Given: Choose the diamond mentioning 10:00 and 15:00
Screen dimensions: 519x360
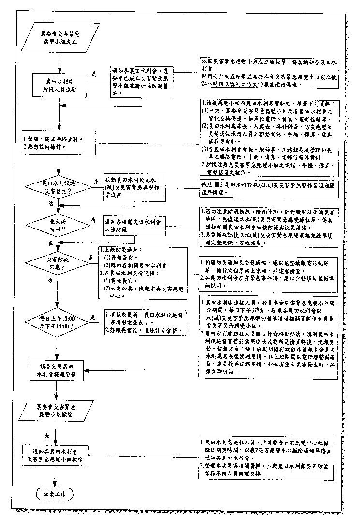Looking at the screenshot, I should click(59, 323).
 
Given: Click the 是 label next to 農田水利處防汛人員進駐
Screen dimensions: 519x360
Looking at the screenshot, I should click(95, 75).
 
